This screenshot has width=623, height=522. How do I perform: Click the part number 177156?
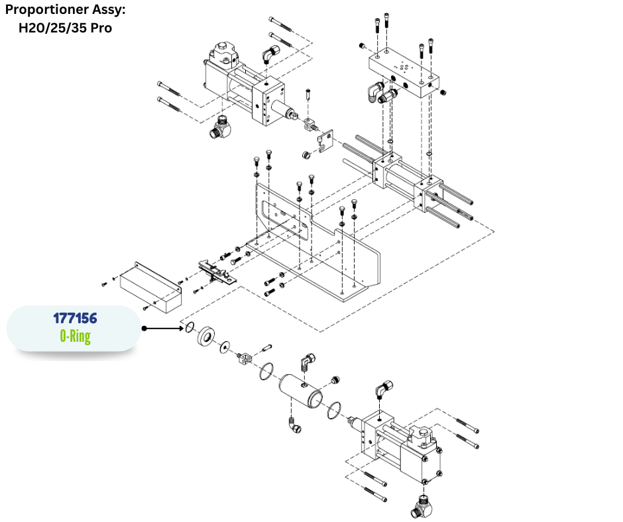coord(75,318)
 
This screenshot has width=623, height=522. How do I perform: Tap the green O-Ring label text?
coord(75,337)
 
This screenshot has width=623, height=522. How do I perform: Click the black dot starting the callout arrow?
coord(144,328)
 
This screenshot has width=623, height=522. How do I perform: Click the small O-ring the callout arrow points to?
coord(189,327)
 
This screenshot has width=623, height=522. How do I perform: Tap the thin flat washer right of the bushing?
coord(224,344)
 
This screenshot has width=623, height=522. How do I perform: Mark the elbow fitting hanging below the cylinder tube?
coord(294,426)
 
